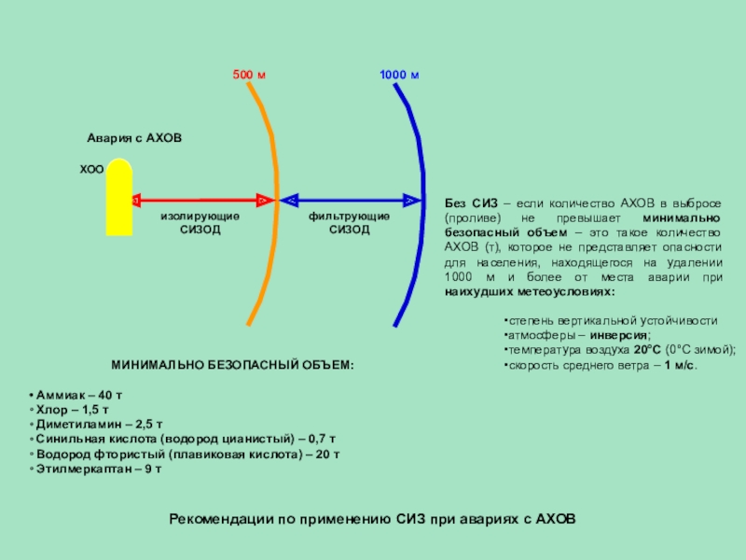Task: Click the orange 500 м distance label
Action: point(248,74)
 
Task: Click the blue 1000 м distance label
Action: point(399,74)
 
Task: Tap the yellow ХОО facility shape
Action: point(118,201)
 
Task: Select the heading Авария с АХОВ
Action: point(134,138)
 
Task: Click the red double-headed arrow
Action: point(200,201)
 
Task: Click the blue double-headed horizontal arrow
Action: point(350,201)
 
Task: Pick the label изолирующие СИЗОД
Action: point(200,223)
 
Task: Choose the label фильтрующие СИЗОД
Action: point(350,223)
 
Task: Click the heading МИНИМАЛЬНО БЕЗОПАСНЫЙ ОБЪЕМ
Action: point(233,364)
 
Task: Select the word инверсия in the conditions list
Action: point(620,334)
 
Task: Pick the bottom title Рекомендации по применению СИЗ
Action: point(373,518)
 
